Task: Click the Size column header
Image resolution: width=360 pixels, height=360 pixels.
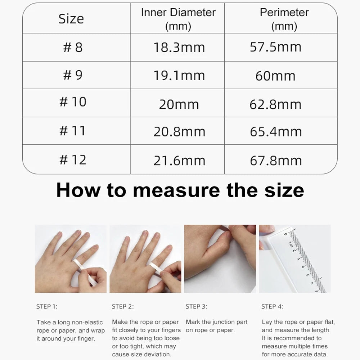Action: [71, 19]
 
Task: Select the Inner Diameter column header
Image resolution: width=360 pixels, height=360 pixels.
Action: [178, 18]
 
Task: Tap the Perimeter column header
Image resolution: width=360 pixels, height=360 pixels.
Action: [284, 18]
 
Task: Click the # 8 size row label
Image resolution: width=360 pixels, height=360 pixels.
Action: [73, 47]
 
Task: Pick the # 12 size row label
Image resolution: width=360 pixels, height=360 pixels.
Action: [73, 159]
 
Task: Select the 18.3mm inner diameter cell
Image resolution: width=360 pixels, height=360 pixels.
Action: [179, 48]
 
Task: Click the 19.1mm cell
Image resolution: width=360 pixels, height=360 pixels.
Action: [179, 76]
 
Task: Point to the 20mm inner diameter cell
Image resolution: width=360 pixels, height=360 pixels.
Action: [179, 104]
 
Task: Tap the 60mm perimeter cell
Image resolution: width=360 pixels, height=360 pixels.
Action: [275, 76]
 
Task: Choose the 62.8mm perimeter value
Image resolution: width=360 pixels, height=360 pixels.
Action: [275, 104]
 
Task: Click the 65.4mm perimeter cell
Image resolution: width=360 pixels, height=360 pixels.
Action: [276, 132]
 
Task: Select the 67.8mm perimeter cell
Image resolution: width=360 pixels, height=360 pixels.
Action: [276, 160]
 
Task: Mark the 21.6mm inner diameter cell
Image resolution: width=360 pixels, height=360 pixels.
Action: [179, 160]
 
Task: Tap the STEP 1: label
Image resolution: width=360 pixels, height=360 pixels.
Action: [47, 307]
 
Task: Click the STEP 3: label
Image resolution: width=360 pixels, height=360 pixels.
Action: [196, 307]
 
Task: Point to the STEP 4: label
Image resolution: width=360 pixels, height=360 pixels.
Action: [272, 307]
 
